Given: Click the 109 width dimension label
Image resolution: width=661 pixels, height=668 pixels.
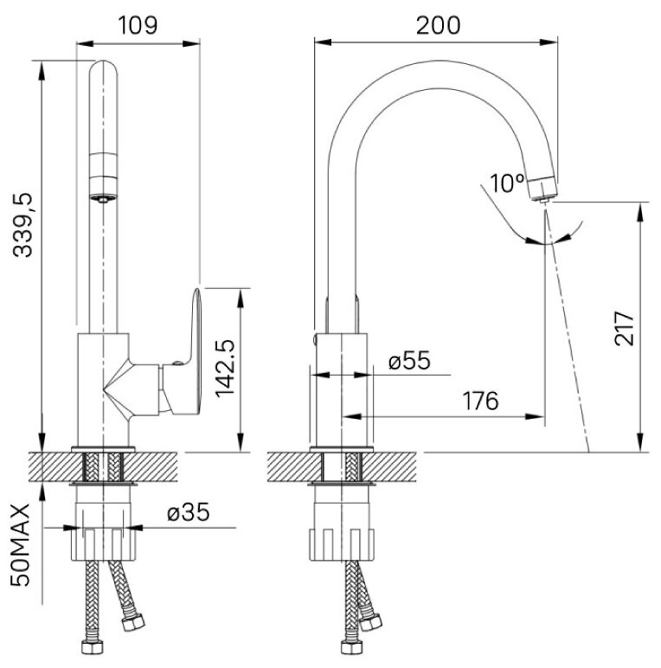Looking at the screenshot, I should [138, 25].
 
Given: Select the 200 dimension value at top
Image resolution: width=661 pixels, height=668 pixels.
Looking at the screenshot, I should [437, 25].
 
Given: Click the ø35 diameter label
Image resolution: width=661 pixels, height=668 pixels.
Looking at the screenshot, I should [189, 512].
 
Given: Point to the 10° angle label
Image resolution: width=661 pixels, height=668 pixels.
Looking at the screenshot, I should [507, 183].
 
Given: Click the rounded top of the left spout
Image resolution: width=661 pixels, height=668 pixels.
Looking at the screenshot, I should [104, 73].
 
